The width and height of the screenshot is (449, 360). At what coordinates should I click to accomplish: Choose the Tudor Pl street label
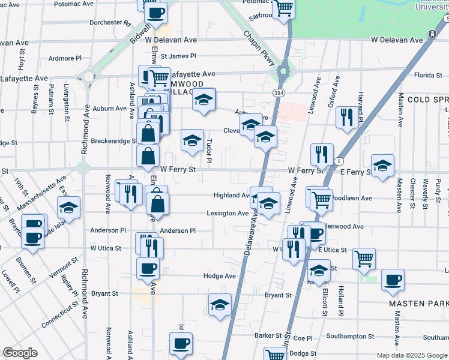tap(209, 151)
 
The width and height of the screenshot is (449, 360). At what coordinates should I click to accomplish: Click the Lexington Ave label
tap(228, 213)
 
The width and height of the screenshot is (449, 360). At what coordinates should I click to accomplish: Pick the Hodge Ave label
tap(219, 276)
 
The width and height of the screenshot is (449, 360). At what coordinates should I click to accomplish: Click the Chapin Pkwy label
tap(259, 46)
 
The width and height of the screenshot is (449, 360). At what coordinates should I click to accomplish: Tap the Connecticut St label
tap(59, 314)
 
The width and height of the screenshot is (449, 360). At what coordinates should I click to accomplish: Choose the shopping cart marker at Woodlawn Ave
tap(322, 200)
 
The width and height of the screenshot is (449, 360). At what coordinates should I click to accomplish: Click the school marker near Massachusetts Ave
tap(68, 208)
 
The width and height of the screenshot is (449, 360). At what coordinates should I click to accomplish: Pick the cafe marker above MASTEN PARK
tap(393, 280)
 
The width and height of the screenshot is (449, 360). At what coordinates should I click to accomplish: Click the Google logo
tap(20, 353)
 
